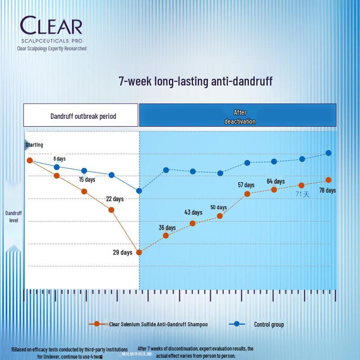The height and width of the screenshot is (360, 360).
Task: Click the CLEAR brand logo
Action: coord(51,26)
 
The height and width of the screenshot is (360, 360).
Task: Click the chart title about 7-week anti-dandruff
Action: coord(195,81)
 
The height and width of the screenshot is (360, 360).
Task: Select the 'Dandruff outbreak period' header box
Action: coord(81,116)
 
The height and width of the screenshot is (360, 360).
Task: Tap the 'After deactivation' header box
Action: coord(238,116)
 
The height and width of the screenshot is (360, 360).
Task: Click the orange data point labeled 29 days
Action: coord(139,252)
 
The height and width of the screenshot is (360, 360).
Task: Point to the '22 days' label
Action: coord(115,199)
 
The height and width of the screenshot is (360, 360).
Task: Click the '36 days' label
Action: coord(167,228)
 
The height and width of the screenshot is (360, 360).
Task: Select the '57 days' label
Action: coord(246,185)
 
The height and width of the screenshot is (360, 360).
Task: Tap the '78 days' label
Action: coord(327,190)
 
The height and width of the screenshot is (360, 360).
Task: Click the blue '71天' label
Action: coord(302,194)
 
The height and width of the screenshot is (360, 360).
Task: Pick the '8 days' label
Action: coord(59,159)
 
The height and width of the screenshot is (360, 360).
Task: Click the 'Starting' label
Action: coord(34,145)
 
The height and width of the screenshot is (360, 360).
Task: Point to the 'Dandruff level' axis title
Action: coord(13,216)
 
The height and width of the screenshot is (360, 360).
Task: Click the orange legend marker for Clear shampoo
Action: coord(96,324)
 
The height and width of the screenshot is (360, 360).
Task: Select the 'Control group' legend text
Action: coord(269,324)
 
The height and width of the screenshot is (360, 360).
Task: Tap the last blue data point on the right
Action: coord(328,153)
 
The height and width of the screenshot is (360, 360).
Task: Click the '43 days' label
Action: coord(193,212)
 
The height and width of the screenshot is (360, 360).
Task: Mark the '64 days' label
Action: coord(276,181)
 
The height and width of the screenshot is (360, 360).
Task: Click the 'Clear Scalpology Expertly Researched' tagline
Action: coord(52,49)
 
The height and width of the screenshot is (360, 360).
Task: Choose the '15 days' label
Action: coord(87,180)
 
